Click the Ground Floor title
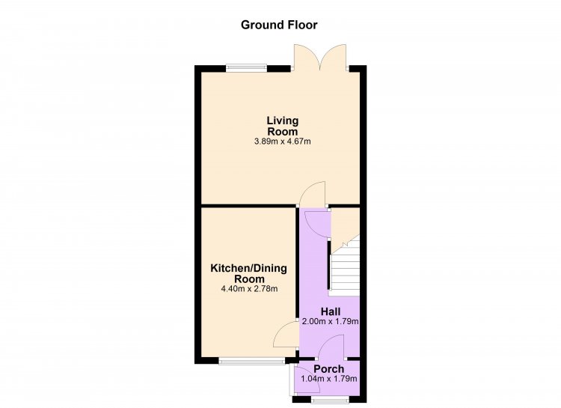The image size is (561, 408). point(279,25)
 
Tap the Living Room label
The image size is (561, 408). point(283,126)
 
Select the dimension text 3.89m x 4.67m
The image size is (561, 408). point(282,141)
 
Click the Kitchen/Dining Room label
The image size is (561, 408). point(248,273)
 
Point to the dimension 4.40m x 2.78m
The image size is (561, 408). point(250,288)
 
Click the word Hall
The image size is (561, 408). point(331,311)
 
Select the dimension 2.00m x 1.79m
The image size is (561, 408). point(330,321)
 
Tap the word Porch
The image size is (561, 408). point(329,368)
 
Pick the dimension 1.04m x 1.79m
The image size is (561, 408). point(329,379)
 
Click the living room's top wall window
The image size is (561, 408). point(246,68)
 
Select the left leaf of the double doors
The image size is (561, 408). point(306,58)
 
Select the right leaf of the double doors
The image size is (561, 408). point(334,58)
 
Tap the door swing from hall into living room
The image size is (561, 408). point(313,194)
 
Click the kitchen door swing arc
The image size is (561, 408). point(286,334)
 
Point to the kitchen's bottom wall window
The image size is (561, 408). point(252,361)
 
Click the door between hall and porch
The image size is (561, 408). point(331,347)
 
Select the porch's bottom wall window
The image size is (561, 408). point(330,399)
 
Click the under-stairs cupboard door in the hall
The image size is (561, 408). point(316,225)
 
